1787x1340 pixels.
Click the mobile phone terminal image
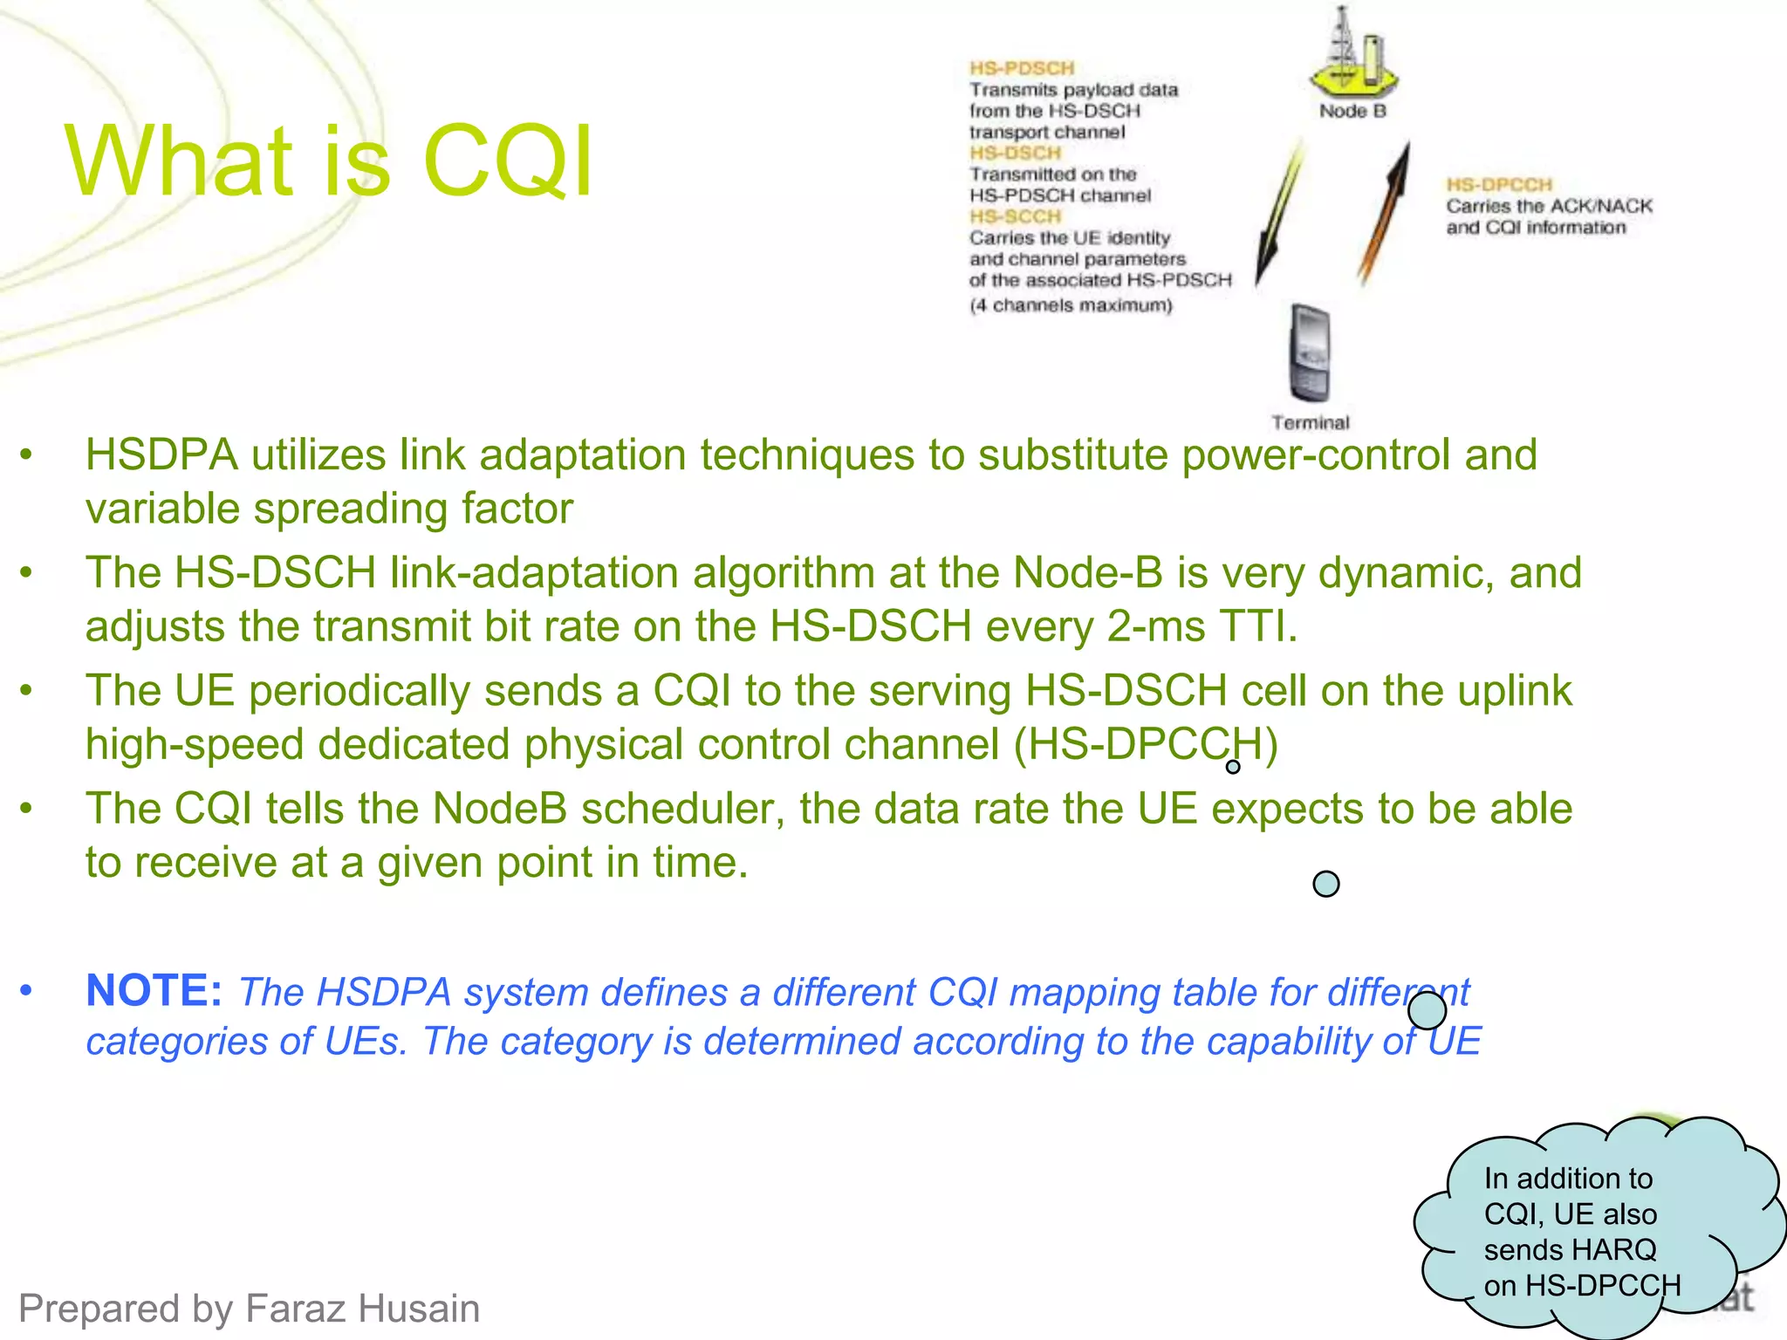tap(1310, 352)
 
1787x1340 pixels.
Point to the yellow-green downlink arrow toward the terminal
tap(1279, 214)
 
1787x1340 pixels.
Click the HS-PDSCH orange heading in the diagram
tap(1022, 68)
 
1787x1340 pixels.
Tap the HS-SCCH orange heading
tap(1015, 216)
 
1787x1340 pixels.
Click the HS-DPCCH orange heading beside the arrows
tap(1499, 185)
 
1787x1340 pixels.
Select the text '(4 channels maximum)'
tap(1071, 305)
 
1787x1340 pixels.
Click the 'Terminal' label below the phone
tap(1310, 423)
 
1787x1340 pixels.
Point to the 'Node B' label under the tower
tap(1352, 111)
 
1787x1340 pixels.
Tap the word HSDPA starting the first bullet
tap(161, 455)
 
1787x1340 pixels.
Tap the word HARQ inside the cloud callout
tap(1613, 1249)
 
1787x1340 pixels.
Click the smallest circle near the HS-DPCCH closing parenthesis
tap(1233, 767)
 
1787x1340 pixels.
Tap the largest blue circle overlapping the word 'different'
tap(1427, 1011)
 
